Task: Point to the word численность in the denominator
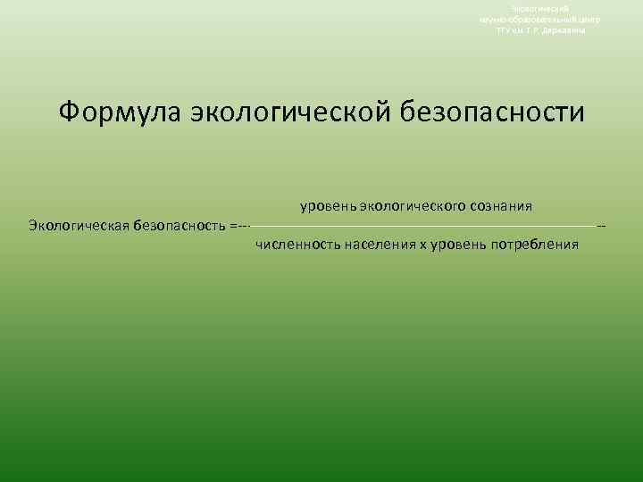pos(294,244)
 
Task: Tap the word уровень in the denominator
pos(458,244)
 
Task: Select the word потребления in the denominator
pos(534,244)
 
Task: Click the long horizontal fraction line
pos(420,226)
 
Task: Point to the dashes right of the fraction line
pos(601,226)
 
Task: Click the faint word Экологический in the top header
pos(539,8)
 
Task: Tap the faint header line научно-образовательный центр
pos(539,19)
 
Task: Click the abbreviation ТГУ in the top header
pos(505,29)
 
